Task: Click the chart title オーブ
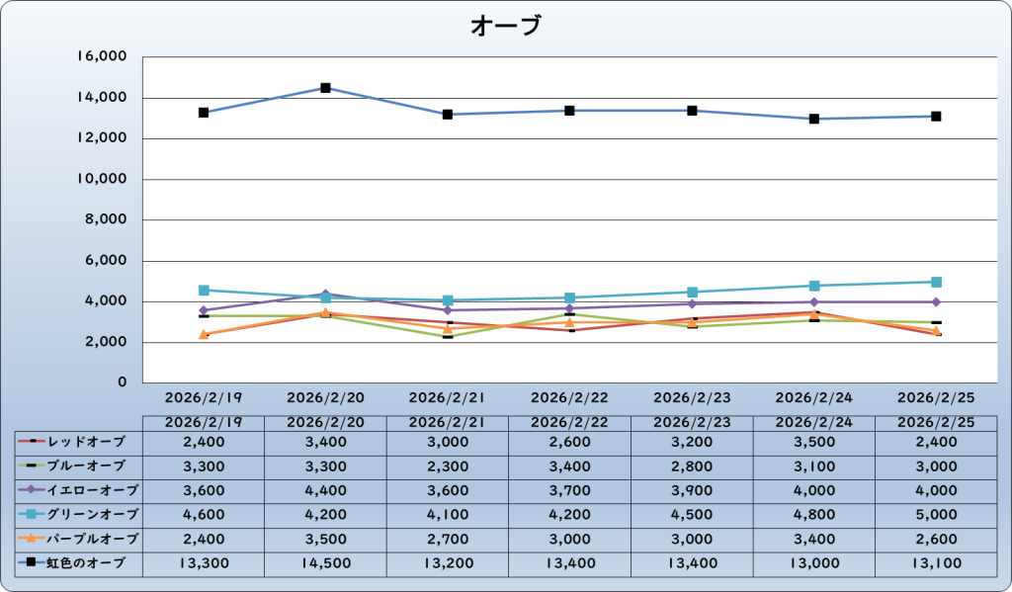[x=506, y=26]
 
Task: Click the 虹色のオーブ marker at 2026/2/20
[x=325, y=88]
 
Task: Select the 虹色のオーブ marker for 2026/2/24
[x=814, y=119]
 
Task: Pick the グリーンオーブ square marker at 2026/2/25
[x=936, y=282]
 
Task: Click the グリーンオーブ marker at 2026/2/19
[x=204, y=291]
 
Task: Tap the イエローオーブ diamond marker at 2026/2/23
[x=692, y=303]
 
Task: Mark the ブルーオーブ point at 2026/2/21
[x=448, y=336]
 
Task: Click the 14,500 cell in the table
[x=325, y=563]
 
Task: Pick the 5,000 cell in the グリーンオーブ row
[x=936, y=514]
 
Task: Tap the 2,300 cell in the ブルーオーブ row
[x=448, y=465]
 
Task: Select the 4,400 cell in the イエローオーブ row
[x=325, y=489]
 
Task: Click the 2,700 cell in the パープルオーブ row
[x=448, y=539]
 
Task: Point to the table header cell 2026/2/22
[x=569, y=422]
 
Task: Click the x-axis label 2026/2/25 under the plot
[x=936, y=398]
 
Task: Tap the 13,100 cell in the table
[x=936, y=563]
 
